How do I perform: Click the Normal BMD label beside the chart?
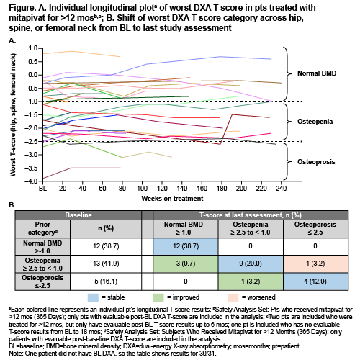(x=317, y=73)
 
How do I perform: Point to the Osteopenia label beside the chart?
(x=315, y=122)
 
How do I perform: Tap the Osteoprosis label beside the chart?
(x=316, y=162)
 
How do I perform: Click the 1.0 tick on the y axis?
(x=33, y=48)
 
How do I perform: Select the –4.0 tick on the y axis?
(x=31, y=181)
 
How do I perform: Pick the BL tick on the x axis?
(x=43, y=188)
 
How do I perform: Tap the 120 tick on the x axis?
(x=162, y=188)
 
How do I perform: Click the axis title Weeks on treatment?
(x=172, y=199)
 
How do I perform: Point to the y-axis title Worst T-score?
(x=13, y=114)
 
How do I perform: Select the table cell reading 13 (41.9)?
(x=106, y=264)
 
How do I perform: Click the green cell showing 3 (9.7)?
(x=186, y=264)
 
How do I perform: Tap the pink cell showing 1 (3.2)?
(x=315, y=264)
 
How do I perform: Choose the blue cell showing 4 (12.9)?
(x=315, y=282)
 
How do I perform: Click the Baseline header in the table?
(x=78, y=215)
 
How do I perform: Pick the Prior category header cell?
(x=42, y=228)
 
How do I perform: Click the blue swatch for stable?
(x=93, y=297)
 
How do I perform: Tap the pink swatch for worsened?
(x=233, y=297)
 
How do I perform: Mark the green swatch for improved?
(x=158, y=297)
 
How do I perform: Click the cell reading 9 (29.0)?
(x=251, y=264)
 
